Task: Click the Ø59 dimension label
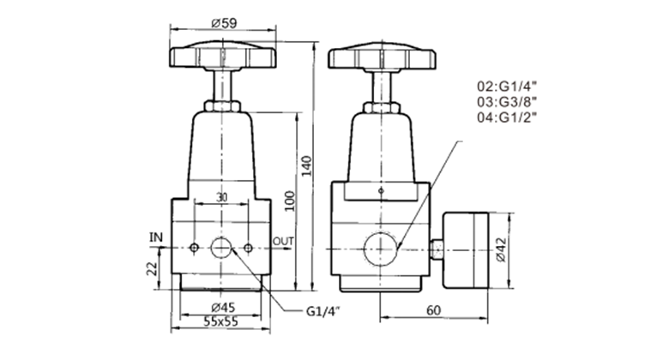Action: pos(225,23)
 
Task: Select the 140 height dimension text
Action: pos(307,166)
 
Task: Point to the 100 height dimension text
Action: pos(290,201)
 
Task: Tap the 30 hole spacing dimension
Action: pos(221,197)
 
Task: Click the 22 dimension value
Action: pos(153,269)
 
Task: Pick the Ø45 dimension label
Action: pos(224,307)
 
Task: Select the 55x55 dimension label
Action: pos(220,321)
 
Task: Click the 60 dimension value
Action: pos(433,310)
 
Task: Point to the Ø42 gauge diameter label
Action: pos(501,249)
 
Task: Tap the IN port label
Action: pos(156,237)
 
